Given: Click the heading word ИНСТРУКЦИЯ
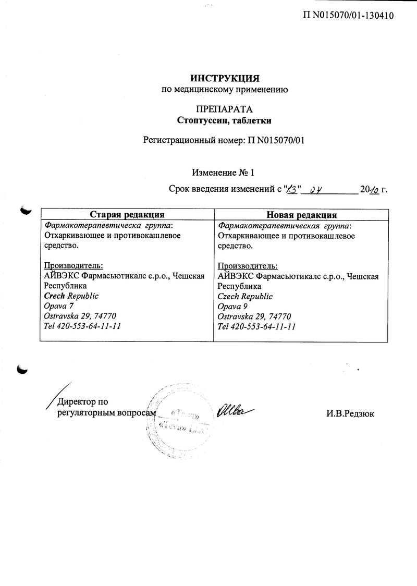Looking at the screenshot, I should [x=224, y=79].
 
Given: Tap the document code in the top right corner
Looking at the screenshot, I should [x=348, y=15].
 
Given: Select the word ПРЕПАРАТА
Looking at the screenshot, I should [x=224, y=109].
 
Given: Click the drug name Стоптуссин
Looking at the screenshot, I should [x=200, y=120].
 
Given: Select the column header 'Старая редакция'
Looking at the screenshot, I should [x=127, y=214].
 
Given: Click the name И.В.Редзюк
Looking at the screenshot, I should [x=350, y=413].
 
